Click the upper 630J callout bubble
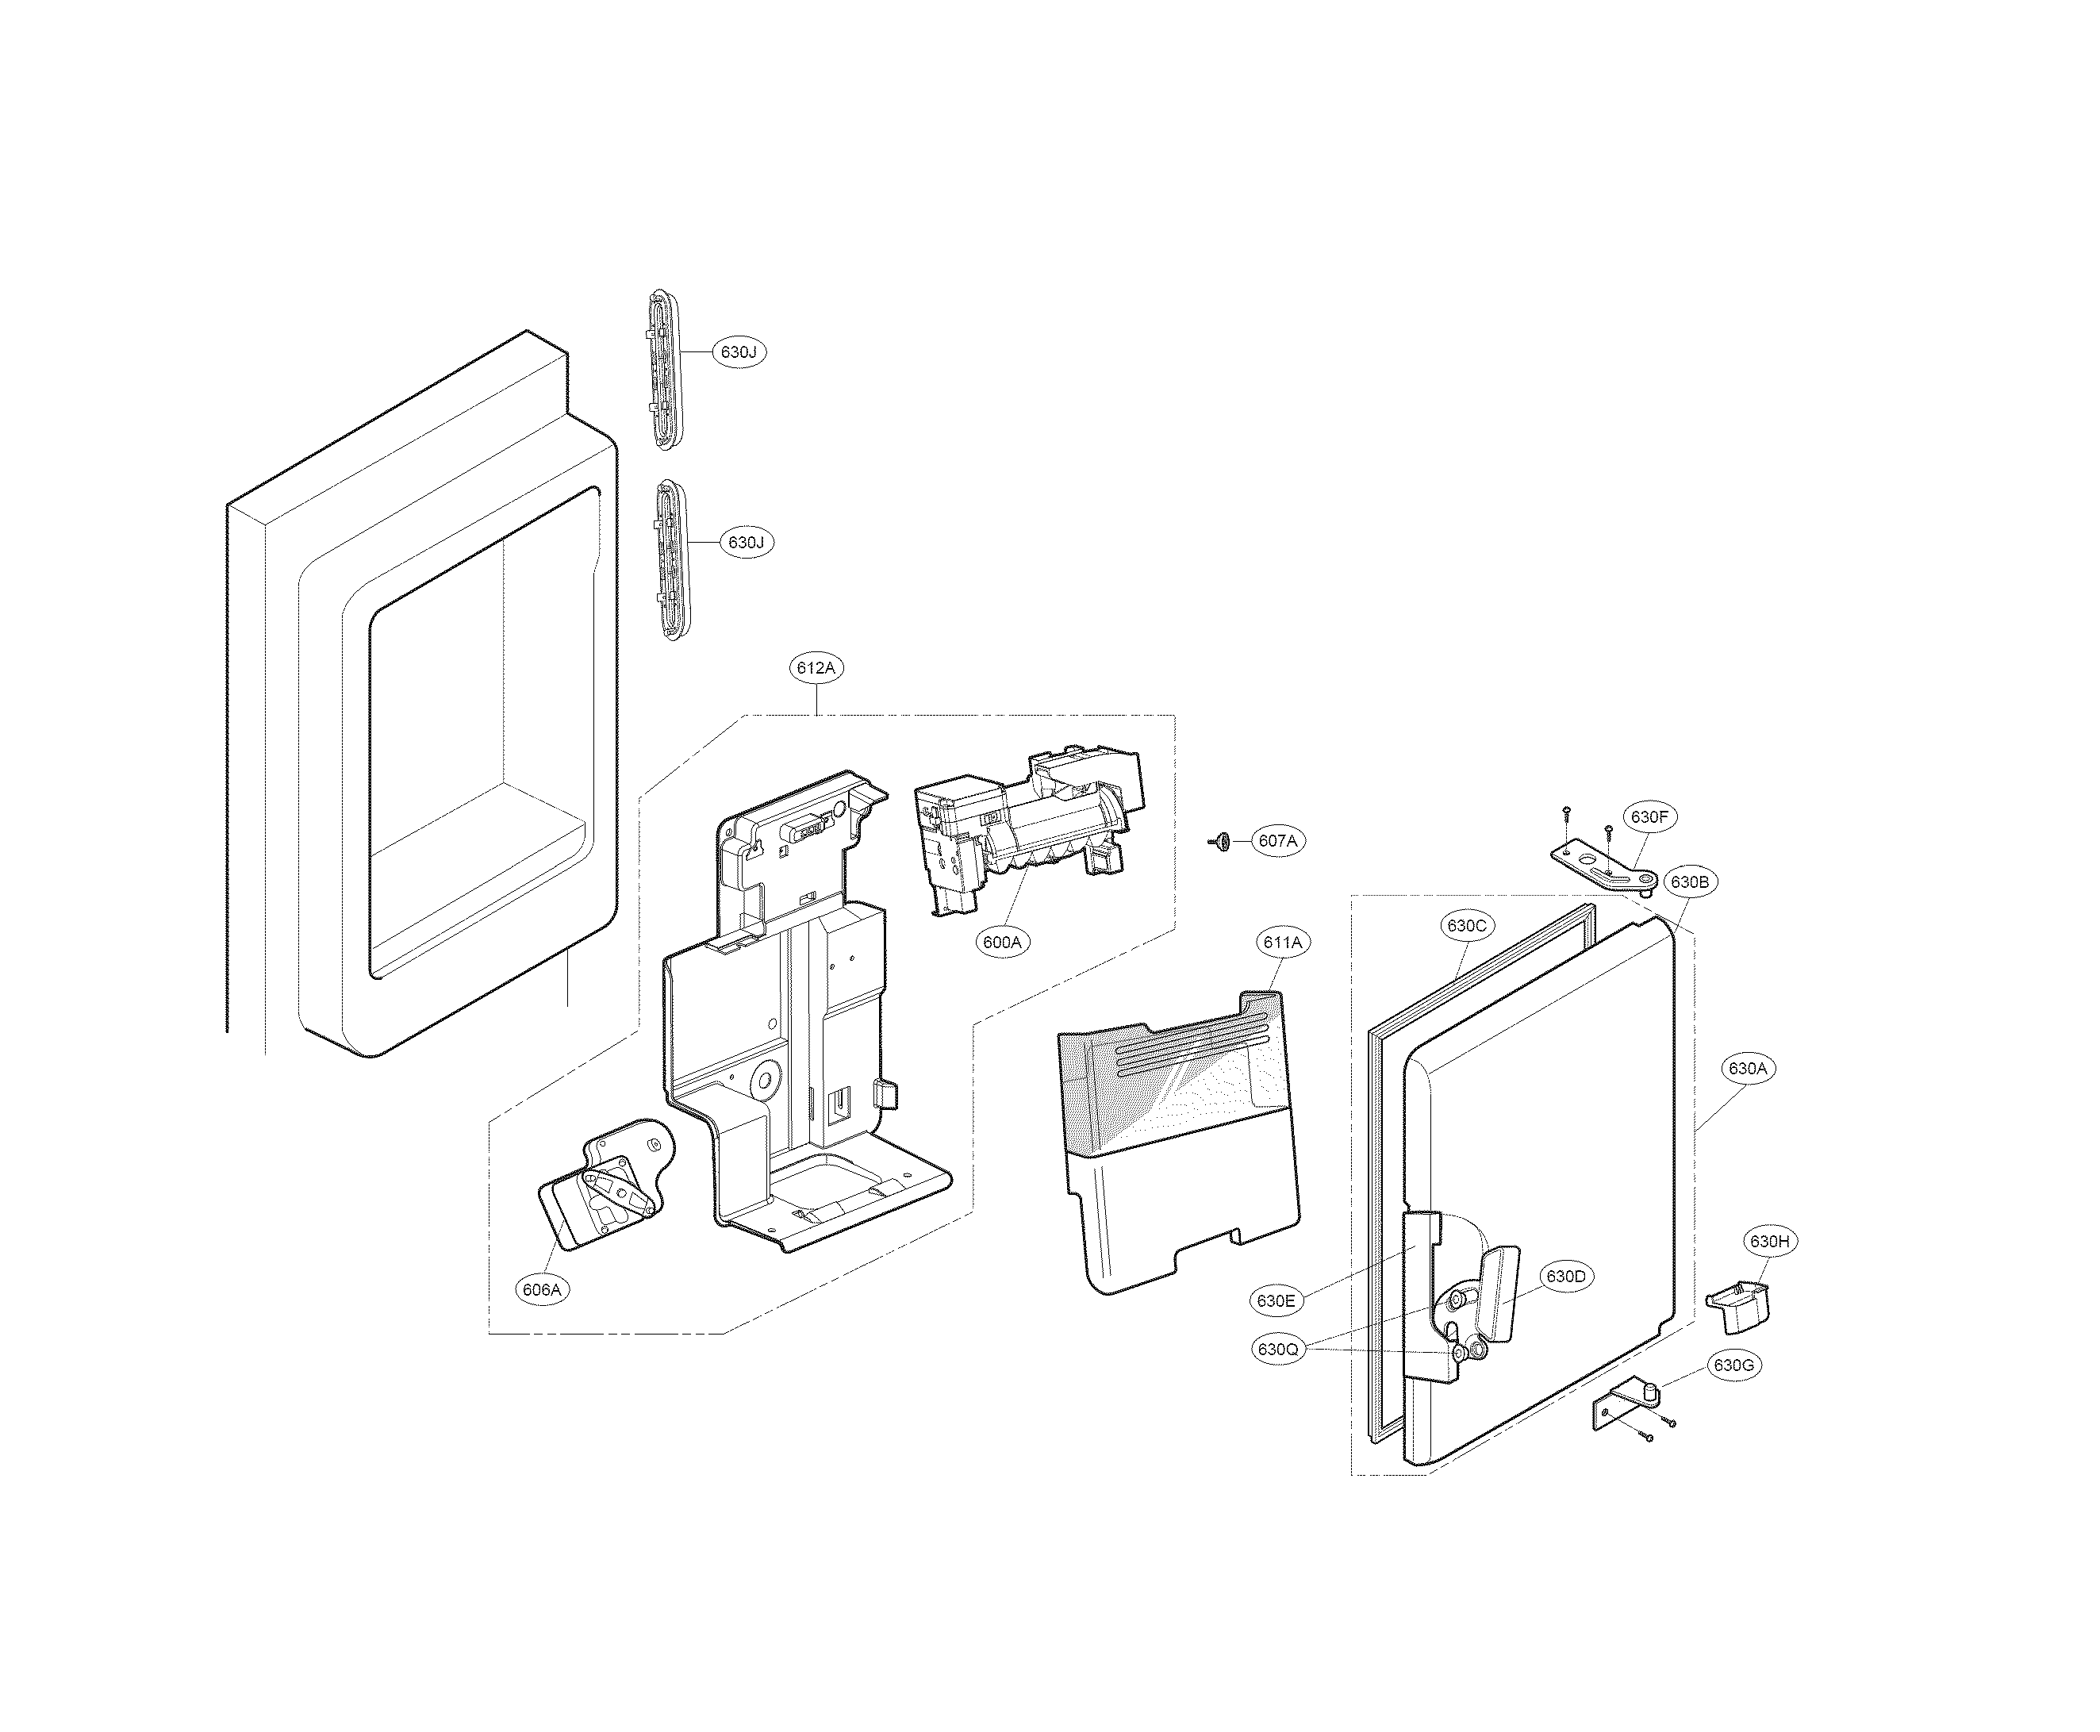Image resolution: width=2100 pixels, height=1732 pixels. coord(739,352)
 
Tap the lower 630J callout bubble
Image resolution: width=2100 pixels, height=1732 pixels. coord(745,543)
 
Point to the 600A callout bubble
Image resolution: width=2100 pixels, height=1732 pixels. coord(1003,942)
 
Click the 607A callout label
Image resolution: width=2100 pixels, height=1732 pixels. coord(1277,841)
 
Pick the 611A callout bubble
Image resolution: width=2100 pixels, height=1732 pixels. coord(1283,942)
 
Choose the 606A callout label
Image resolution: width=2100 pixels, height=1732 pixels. coord(542,1290)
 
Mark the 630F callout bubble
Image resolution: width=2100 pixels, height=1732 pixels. coord(1649,817)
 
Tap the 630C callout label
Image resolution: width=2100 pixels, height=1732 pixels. coord(1466,926)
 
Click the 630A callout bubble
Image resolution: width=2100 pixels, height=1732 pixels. coord(1747,1069)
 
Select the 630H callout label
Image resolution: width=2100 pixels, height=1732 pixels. coord(1769,1242)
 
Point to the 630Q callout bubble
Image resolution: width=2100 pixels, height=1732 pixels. coord(1278,1350)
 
